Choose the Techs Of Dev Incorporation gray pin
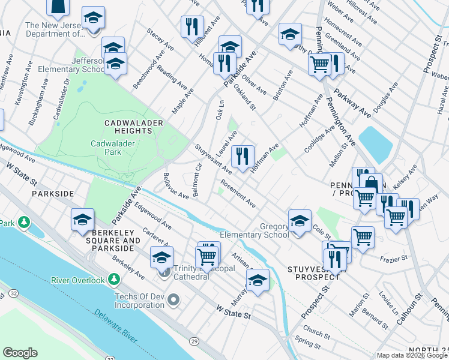[173, 298]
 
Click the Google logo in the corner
[20, 353]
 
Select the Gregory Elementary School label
[254, 231]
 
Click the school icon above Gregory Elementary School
[300, 221]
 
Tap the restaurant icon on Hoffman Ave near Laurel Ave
[243, 157]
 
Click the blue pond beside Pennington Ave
[375, 145]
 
